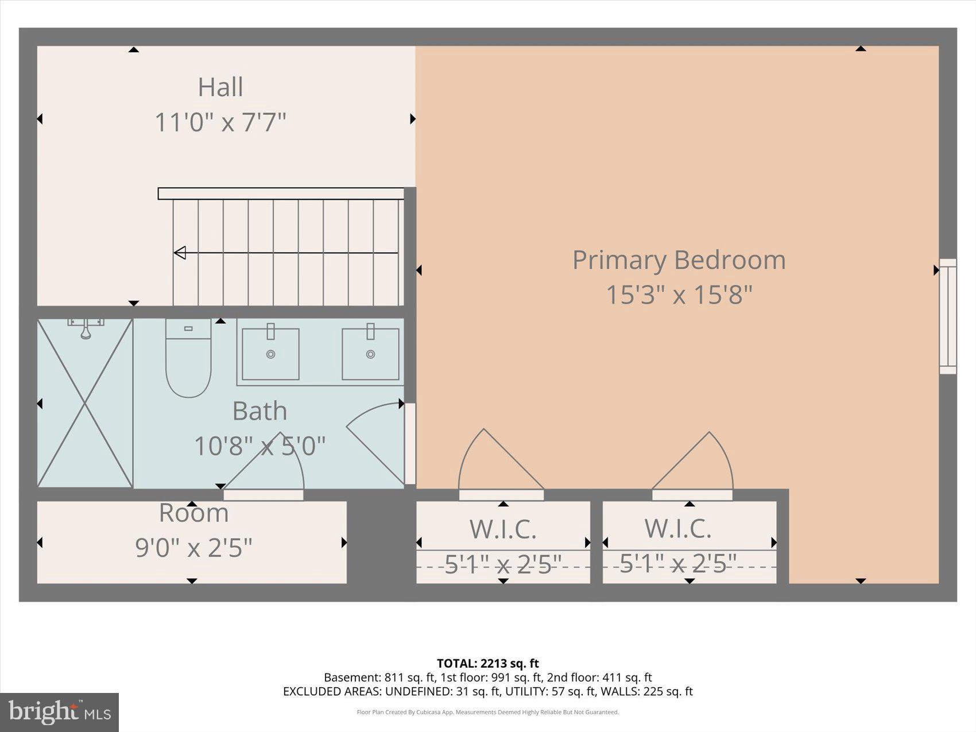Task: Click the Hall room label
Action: (220, 87)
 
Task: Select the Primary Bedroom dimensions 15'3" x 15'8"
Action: (679, 295)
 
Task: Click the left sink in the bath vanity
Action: (270, 354)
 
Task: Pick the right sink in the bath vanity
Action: (370, 354)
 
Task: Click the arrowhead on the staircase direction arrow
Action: (180, 253)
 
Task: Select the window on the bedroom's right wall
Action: (947, 316)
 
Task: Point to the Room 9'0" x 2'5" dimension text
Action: (193, 548)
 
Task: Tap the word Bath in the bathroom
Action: (260, 411)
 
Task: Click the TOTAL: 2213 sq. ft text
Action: (487, 664)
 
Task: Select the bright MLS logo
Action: (59, 712)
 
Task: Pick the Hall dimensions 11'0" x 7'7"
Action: (220, 122)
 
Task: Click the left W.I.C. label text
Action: (503, 529)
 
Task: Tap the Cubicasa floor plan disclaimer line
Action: (487, 712)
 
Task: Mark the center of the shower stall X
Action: (85, 404)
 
